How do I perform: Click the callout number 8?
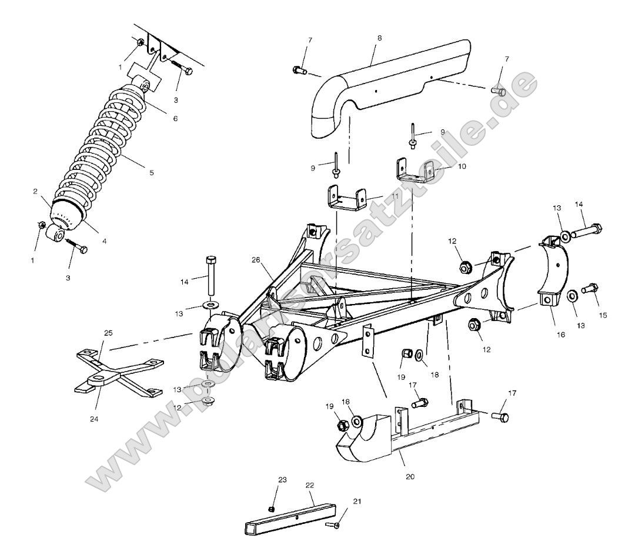pyautogui.click(x=379, y=37)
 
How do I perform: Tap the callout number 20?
pyautogui.click(x=410, y=476)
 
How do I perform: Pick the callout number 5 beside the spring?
pyautogui.click(x=151, y=173)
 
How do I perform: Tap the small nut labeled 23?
pyautogui.click(x=271, y=508)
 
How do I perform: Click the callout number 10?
pyautogui.click(x=462, y=166)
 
